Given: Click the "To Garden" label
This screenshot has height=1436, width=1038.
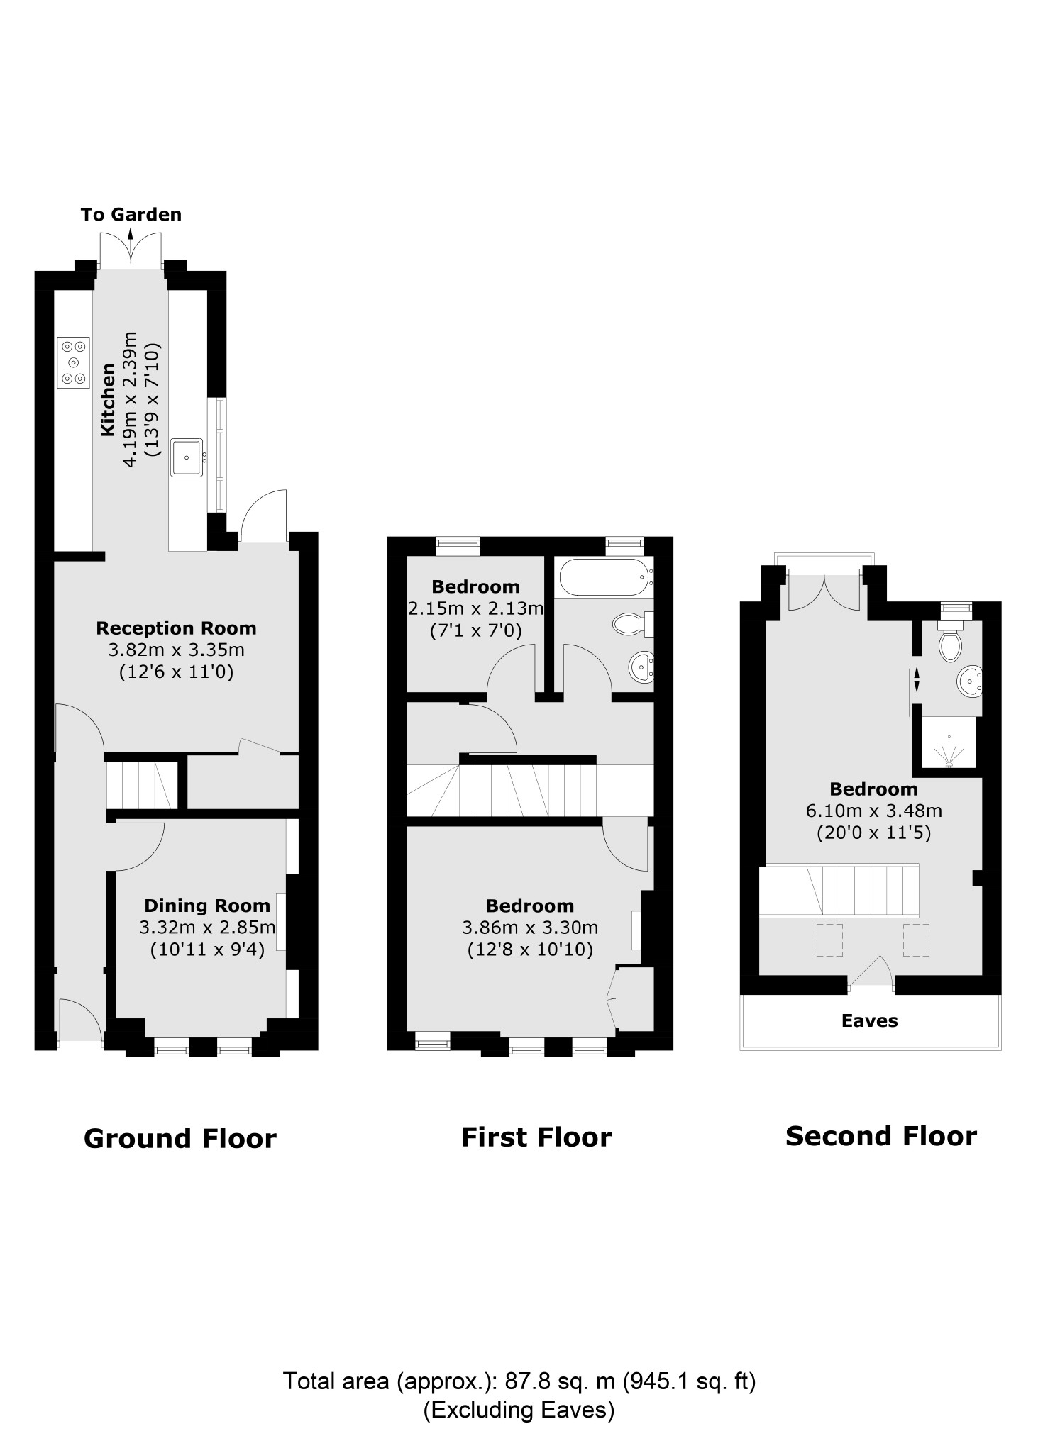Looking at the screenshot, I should point(131,214).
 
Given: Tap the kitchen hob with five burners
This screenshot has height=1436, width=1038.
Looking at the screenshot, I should point(74,362).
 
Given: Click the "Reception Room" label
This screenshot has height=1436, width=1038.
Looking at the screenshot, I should point(176,628).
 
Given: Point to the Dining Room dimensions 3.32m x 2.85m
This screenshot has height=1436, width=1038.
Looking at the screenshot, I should point(207,927).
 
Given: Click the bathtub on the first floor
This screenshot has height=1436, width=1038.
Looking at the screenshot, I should point(604,577).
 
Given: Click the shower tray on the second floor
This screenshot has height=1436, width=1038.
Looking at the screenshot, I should point(948,742).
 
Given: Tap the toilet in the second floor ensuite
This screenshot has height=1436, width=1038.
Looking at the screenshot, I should point(949,644).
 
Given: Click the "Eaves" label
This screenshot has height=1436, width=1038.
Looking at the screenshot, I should point(869,1020).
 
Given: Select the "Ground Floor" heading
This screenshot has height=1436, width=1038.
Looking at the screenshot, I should point(180,1138).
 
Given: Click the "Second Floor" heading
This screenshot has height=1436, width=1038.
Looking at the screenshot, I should point(880,1136).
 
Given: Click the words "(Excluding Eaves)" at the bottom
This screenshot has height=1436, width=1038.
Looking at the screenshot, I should point(518,1410).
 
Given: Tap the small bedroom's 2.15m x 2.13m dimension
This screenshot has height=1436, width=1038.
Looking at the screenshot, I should point(475,608).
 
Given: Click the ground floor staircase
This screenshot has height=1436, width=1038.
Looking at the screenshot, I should point(141,785).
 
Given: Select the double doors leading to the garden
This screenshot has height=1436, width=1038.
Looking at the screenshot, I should point(130,251).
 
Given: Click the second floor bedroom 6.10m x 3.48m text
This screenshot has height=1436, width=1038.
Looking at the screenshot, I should point(873,810).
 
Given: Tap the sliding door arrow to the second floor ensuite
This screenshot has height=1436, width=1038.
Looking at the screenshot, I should point(916,679).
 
